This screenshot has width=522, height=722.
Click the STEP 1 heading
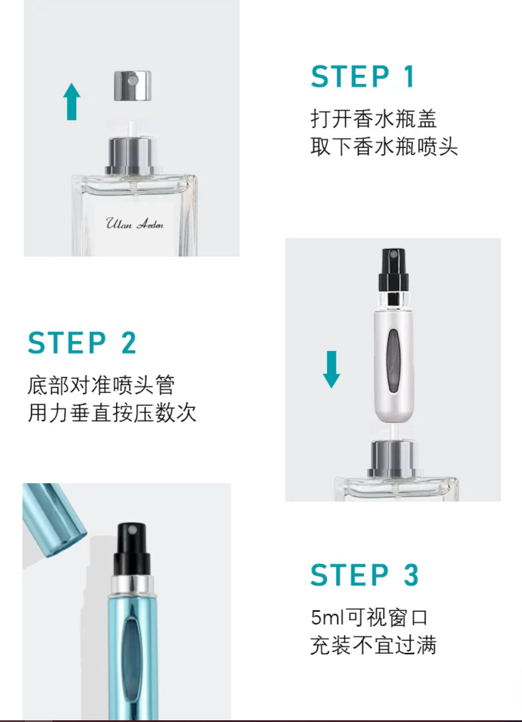(363, 77)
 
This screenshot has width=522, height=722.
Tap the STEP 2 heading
(82, 343)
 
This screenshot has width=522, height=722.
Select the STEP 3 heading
(364, 574)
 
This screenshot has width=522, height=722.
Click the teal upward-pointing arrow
(72, 102)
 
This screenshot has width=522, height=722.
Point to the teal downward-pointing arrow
(332, 369)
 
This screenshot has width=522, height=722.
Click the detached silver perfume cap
(133, 85)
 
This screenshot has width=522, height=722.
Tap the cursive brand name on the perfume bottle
(135, 224)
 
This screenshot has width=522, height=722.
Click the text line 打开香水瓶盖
(374, 119)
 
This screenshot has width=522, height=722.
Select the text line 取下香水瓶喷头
(384, 147)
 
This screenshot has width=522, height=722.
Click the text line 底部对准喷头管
(101, 385)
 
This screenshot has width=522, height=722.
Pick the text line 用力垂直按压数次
(112, 412)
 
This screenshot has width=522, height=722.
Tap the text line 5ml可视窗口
(369, 617)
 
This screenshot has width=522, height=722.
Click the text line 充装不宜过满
(373, 645)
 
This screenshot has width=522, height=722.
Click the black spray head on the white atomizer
(394, 270)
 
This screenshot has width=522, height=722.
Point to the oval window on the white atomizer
(394, 360)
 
